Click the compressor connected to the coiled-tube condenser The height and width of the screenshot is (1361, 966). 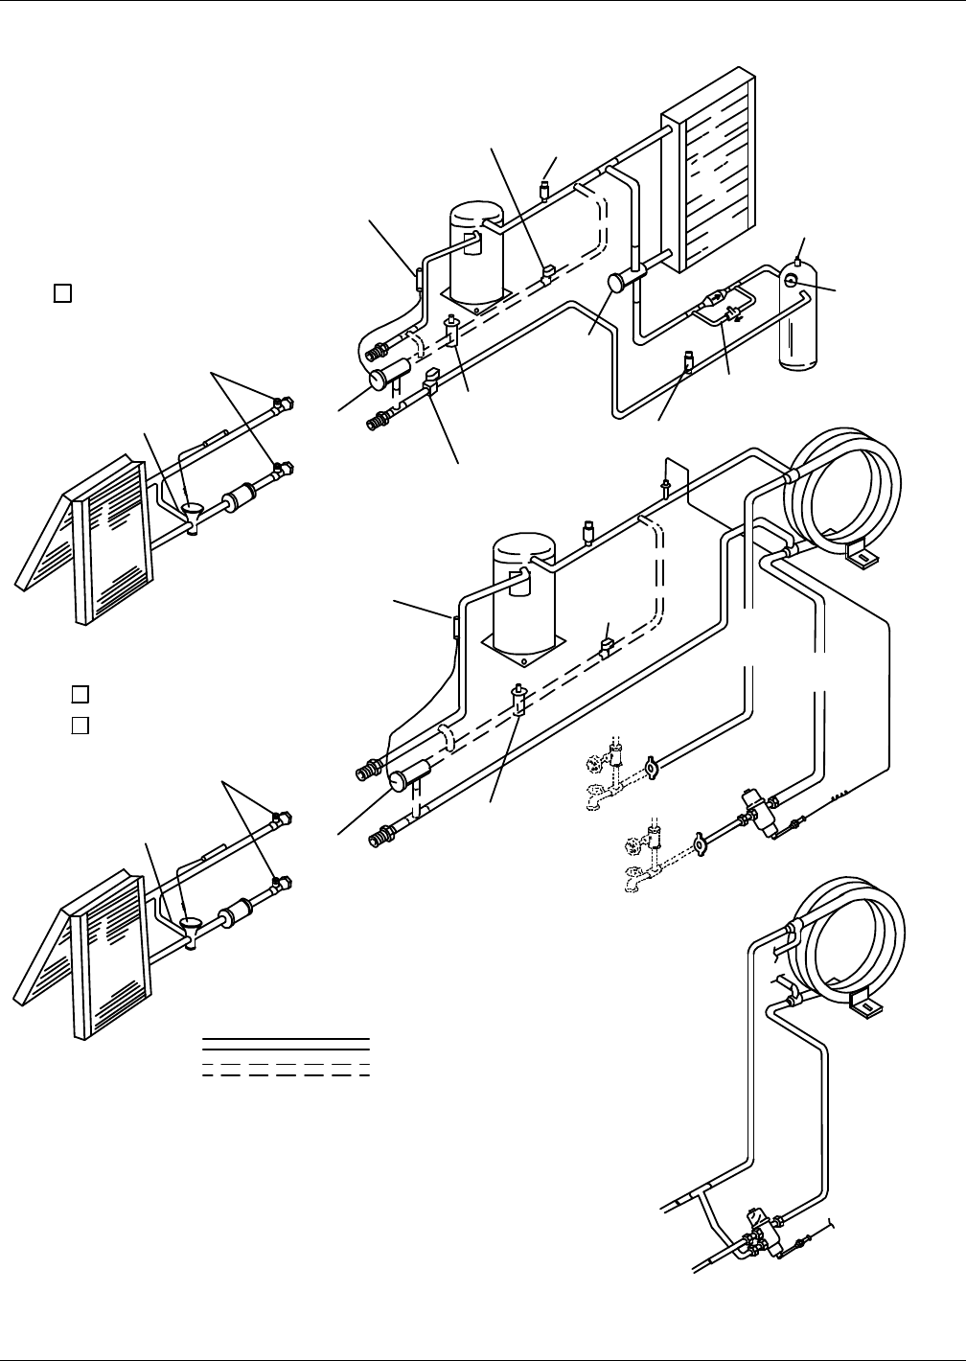[x=523, y=594]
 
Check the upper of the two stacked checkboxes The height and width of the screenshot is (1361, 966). [x=80, y=693]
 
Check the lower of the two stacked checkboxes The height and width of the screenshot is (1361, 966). [x=80, y=724]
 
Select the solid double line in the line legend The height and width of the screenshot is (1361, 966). [x=286, y=1043]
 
